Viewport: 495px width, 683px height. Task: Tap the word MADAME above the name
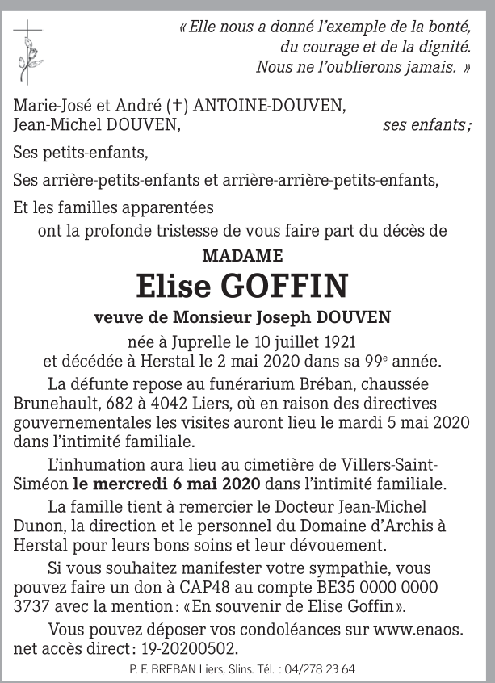[x=242, y=256]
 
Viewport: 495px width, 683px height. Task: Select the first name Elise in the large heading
[x=174, y=286]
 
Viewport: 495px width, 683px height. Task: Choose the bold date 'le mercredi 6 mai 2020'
[x=166, y=484]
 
